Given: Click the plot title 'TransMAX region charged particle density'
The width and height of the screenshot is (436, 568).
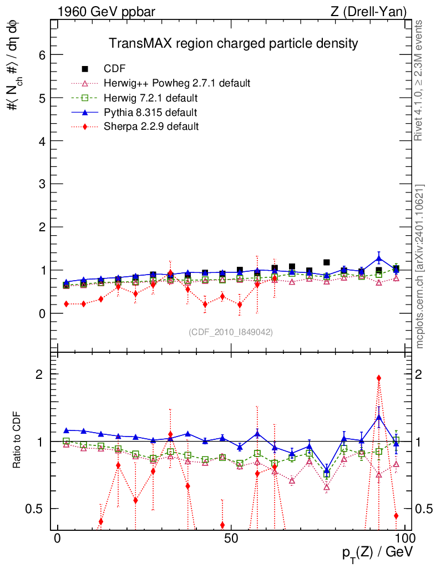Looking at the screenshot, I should tap(233, 43).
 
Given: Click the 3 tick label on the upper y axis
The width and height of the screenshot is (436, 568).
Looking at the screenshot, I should tap(42, 184).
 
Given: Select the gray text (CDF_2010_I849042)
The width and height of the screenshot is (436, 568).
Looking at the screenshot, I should tap(231, 332).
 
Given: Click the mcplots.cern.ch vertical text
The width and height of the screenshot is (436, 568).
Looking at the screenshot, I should tap(420, 266).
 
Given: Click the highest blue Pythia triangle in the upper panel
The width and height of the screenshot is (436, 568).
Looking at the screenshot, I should tap(379, 258).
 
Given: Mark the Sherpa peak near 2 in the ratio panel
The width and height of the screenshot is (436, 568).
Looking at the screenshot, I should tap(379, 378).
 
